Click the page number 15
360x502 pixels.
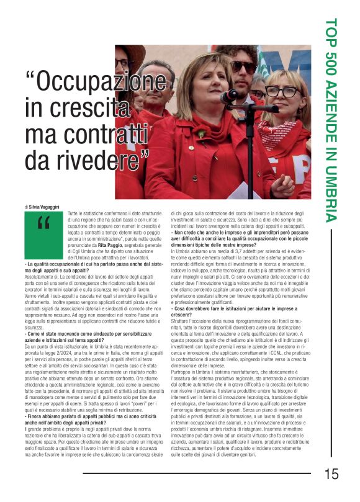pyautogui.click(x=331, y=474)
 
